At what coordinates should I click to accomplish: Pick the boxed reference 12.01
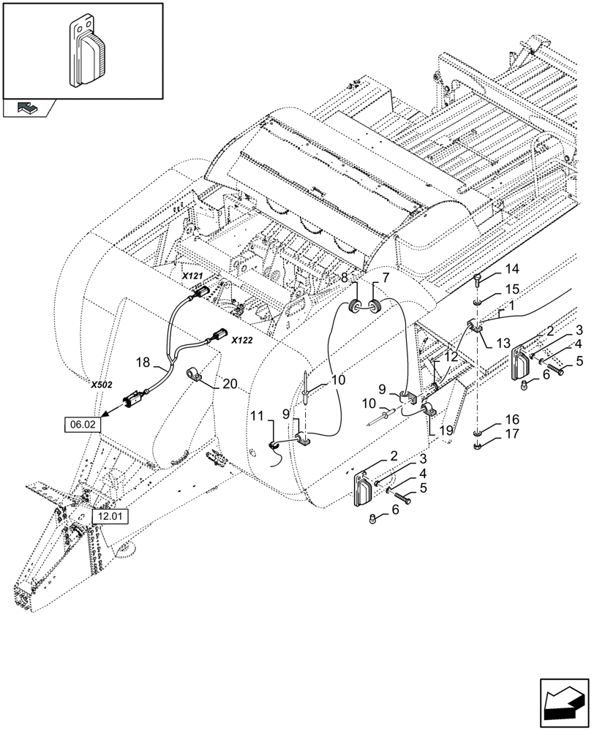pyautogui.click(x=110, y=517)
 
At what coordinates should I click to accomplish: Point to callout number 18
pyautogui.click(x=143, y=362)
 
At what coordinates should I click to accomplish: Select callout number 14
pyautogui.click(x=510, y=268)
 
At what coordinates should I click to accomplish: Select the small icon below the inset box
pyautogui.click(x=28, y=108)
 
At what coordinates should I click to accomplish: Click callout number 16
pyautogui.click(x=510, y=419)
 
